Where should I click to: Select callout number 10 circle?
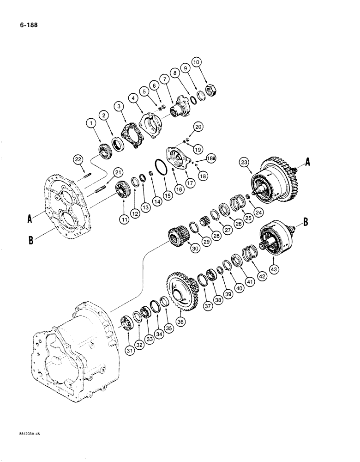210,61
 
